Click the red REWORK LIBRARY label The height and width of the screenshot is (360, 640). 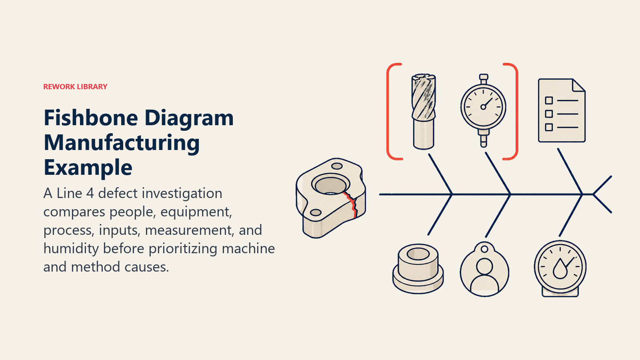click(x=75, y=86)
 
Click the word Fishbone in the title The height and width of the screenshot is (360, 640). click(x=90, y=118)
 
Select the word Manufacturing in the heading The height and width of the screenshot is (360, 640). click(x=122, y=143)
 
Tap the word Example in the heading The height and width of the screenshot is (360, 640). click(x=88, y=168)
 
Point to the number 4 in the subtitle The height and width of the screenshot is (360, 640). click(x=90, y=194)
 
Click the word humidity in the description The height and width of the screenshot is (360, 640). click(x=71, y=248)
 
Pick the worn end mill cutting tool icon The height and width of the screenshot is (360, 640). click(x=424, y=112)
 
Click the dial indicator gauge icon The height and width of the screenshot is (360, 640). click(x=483, y=110)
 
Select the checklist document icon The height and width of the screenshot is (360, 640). click(x=562, y=110)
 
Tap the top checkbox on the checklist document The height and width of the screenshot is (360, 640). click(x=549, y=100)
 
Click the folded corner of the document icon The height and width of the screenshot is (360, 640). click(x=579, y=86)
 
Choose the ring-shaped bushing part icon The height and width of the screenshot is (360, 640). click(x=418, y=268)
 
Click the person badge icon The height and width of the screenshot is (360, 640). click(x=484, y=270)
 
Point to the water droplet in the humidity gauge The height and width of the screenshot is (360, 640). click(x=560, y=269)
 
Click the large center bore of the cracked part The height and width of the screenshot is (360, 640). click(x=330, y=185)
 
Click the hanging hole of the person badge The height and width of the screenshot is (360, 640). click(x=484, y=249)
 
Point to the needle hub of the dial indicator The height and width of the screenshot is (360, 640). click(x=483, y=107)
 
